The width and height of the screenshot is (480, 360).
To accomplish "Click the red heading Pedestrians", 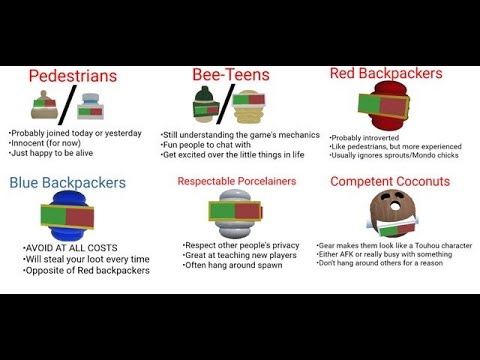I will click(72, 75).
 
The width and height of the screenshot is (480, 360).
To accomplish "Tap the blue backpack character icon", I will click(68, 217).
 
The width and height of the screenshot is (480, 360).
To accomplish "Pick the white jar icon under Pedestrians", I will click(92, 106).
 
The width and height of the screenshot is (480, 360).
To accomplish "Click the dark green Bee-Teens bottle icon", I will click(204, 105).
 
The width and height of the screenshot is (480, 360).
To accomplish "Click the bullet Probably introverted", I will click(366, 137).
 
